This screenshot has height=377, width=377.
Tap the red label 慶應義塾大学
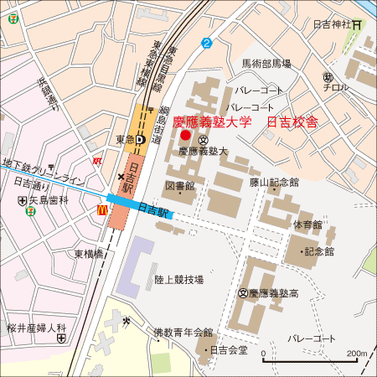(212, 121)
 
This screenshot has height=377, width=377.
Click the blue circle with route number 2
(206, 43)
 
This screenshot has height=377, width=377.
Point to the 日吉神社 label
(330, 25)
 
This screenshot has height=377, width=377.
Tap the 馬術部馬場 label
(266, 64)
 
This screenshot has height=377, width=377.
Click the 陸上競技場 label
(178, 279)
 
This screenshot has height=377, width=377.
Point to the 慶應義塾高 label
(275, 293)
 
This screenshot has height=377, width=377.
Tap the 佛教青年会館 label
(183, 332)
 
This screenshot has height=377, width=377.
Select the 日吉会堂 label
(228, 349)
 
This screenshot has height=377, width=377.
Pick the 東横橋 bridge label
(88, 253)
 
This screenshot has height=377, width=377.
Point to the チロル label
(337, 88)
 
